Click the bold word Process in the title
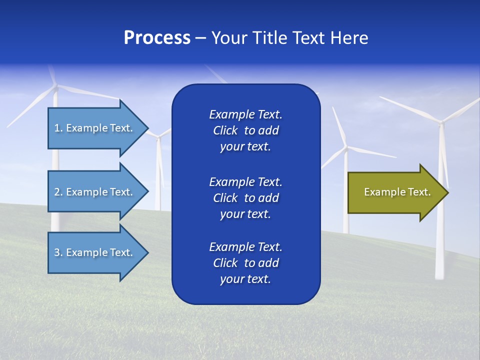click(x=157, y=38)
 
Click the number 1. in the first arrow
click(x=58, y=128)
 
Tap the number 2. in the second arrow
click(x=58, y=192)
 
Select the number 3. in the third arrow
click(x=58, y=252)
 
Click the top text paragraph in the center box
click(x=245, y=130)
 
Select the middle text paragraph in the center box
click(x=245, y=198)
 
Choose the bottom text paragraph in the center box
click(x=245, y=263)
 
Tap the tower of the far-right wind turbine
click(x=440, y=235)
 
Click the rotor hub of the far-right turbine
click(x=440, y=121)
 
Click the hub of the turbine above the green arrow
click(x=346, y=147)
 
